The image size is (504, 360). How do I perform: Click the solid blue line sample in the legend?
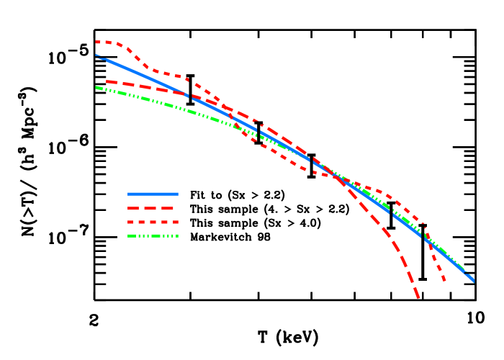point(153,194)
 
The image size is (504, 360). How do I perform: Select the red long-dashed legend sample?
point(153,208)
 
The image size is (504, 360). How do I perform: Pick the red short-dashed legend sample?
point(153,222)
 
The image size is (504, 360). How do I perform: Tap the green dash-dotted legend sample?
point(153,235)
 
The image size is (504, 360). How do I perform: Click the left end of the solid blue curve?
point(96,55)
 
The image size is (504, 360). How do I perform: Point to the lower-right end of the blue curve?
point(474,281)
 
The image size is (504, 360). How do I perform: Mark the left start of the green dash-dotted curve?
point(96,87)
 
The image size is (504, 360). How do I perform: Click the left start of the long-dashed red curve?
point(107,81)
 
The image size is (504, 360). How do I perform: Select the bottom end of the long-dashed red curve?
point(418,297)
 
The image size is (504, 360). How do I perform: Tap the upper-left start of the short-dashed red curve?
point(96,42)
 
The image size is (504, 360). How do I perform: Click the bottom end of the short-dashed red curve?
point(444,280)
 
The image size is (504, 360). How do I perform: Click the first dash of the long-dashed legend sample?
point(133,208)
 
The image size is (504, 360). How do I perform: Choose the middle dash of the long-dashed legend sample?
point(153,208)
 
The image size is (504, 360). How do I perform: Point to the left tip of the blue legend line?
point(128,194)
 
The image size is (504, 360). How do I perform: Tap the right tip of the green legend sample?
point(177,235)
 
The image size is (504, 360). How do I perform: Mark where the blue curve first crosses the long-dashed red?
point(189,95)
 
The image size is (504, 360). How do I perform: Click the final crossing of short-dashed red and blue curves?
point(426,237)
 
